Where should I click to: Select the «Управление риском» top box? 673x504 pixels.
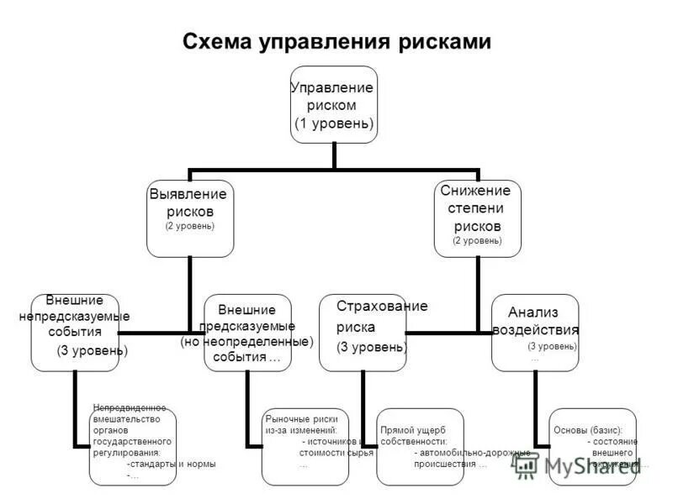tap(334, 105)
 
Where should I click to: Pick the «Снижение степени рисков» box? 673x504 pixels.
tap(477, 218)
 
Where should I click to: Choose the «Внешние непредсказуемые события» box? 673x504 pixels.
tap(75, 332)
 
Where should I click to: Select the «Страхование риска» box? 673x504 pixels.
tap(363, 333)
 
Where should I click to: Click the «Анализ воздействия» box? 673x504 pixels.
tap(535, 332)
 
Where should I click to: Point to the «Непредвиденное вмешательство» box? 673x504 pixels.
tap(133, 445)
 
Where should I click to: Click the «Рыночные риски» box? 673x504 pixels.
tap(305, 445)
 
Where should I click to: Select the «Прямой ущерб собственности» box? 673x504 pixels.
tap(420, 445)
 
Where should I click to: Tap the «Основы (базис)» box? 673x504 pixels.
tap(593, 445)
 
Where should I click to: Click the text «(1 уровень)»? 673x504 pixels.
tap(334, 123)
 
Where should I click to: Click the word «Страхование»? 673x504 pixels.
tap(382, 306)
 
